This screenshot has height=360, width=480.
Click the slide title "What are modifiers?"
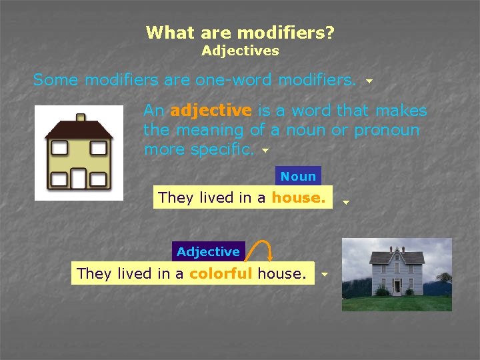(240, 32)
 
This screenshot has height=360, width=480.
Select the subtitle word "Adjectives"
(240, 51)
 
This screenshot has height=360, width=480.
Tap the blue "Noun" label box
(298, 177)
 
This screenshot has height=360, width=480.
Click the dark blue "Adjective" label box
(208, 251)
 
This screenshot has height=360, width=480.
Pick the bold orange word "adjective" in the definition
(211, 111)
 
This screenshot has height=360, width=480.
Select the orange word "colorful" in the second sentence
(221, 273)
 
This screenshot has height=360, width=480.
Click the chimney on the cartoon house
(80, 118)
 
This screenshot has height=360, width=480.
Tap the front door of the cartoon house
(79, 178)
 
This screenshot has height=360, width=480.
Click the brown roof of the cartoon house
(79, 129)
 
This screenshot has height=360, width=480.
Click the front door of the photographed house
(397, 287)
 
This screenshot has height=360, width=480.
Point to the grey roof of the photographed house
(397, 257)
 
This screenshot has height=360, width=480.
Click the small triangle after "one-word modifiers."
(369, 82)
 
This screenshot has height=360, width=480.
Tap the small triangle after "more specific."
(265, 151)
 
